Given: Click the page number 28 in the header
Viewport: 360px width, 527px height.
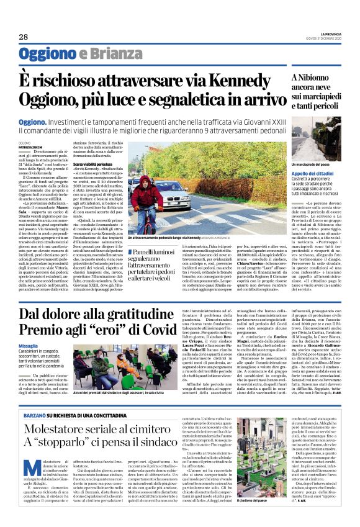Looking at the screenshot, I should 24,37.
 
